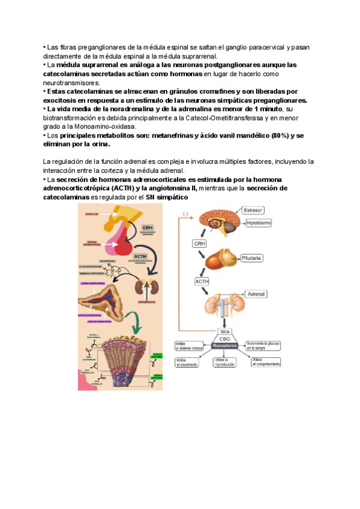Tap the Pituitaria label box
(251, 258)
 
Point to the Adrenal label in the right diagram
(256, 295)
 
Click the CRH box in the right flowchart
(199, 244)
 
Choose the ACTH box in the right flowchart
(202, 281)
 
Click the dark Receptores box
(225, 346)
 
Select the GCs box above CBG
(225, 331)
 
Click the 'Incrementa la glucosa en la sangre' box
(263, 345)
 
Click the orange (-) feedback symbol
(185, 214)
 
